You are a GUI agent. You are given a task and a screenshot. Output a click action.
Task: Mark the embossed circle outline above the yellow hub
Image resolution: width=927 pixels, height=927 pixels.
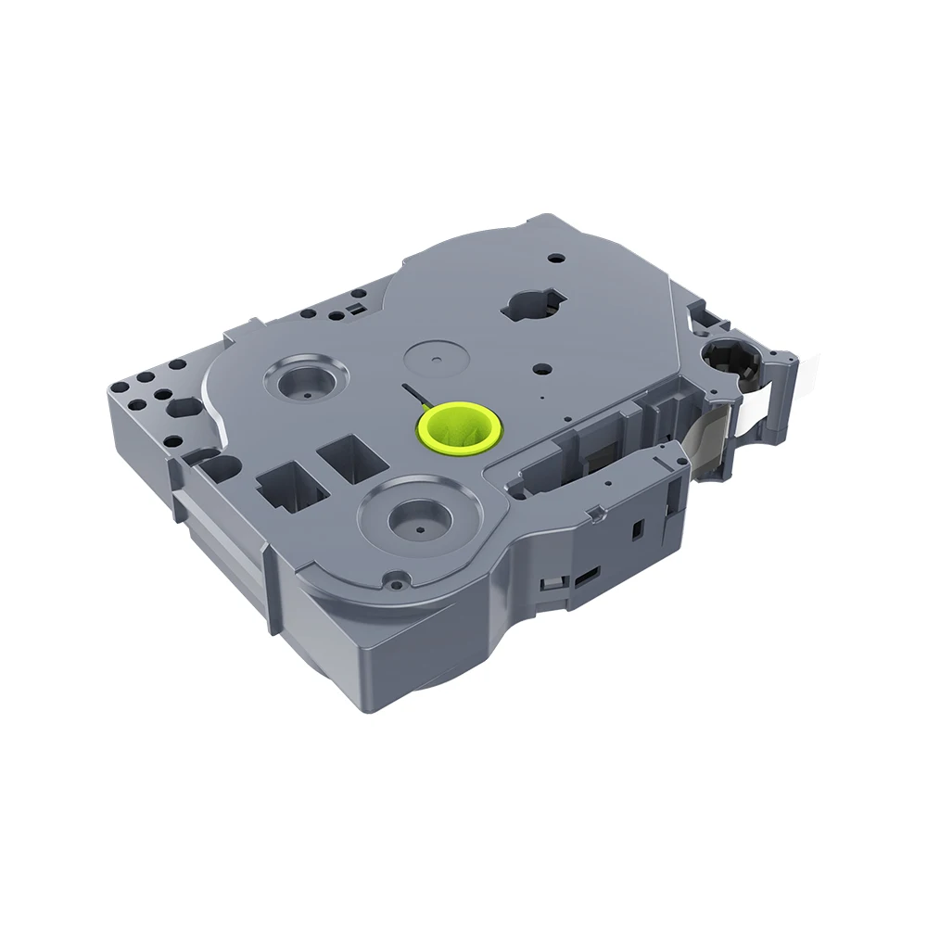pyautogui.click(x=436, y=356)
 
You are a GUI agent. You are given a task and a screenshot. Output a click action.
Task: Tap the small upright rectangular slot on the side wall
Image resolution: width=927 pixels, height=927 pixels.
pyautogui.click(x=637, y=528)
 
